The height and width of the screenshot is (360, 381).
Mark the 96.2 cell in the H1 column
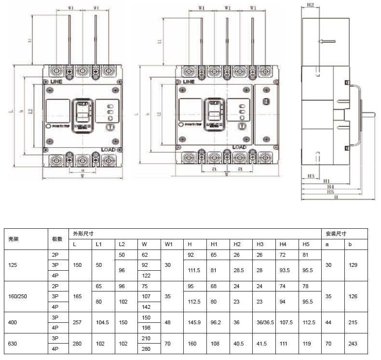pos(218,322)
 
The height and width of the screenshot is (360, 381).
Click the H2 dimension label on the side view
pos(310,5)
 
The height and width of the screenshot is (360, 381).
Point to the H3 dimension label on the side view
pos(311,176)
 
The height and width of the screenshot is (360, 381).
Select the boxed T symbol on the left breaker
pos(110,127)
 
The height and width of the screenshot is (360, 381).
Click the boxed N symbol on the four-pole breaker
pos(265,101)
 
